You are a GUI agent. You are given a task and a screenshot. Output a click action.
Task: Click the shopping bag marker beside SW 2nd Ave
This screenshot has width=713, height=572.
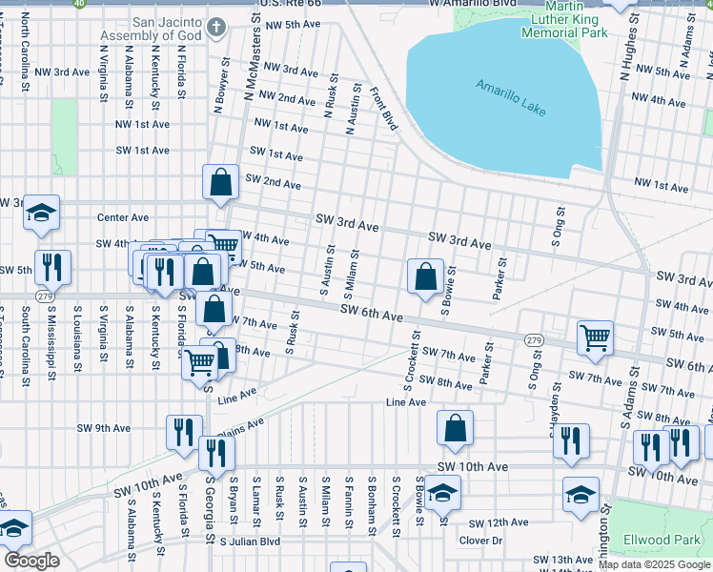click(x=220, y=183)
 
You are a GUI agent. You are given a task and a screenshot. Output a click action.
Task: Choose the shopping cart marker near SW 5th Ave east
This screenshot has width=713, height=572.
click(x=595, y=337)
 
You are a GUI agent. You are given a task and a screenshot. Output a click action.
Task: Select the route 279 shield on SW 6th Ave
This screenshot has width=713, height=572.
click(x=533, y=340)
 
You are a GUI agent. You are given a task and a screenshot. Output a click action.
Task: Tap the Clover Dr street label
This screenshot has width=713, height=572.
click(x=480, y=541)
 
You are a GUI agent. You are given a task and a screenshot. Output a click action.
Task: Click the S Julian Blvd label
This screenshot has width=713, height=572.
click(x=250, y=541)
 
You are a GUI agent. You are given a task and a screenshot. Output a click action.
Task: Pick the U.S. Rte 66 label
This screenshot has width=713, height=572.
click(x=263, y=6)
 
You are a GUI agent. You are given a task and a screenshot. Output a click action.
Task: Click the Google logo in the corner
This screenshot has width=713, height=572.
click(x=31, y=561)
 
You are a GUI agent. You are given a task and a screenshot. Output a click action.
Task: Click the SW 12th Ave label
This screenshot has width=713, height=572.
click(x=499, y=522)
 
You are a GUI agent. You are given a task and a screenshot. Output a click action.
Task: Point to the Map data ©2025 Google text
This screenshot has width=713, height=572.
click(x=654, y=565)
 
